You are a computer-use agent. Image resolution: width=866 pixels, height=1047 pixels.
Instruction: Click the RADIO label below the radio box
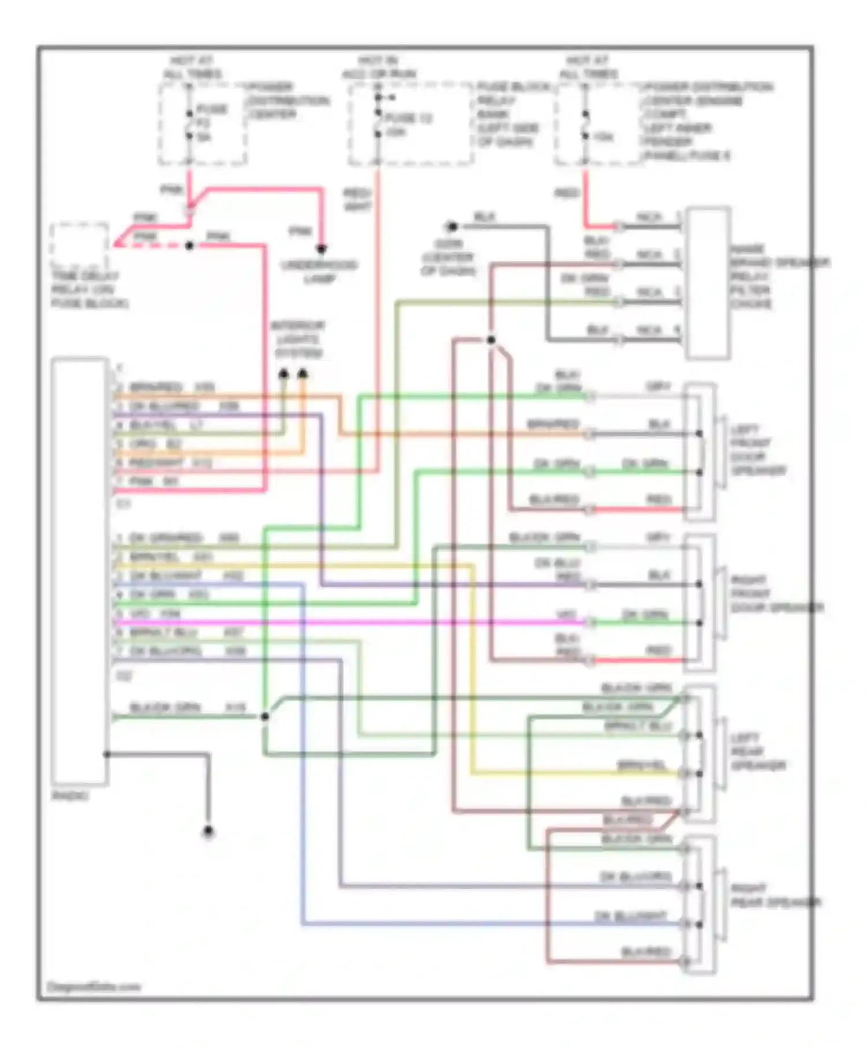tap(70, 796)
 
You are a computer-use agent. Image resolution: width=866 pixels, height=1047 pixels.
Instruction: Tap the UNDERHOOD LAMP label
tap(320, 272)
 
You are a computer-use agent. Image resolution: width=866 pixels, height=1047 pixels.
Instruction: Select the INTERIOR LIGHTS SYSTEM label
tap(298, 339)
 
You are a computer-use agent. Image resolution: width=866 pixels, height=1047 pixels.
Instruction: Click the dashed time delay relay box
tap(80, 245)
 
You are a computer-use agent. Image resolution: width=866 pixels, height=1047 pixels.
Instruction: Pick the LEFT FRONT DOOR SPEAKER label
tap(758, 450)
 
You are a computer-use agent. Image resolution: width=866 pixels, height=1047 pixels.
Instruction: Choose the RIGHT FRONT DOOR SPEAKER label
tap(777, 594)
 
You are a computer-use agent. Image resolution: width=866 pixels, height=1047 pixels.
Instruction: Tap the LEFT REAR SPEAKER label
tap(758, 751)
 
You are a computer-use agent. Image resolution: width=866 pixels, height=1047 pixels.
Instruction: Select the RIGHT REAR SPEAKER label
tap(775, 895)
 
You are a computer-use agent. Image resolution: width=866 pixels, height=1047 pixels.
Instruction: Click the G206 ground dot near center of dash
tap(451, 226)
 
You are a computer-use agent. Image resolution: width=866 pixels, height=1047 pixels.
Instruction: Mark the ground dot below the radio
tap(208, 832)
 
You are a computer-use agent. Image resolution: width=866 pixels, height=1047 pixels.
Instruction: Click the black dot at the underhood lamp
tap(321, 249)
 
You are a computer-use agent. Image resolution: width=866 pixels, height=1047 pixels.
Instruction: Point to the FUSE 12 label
tap(409, 118)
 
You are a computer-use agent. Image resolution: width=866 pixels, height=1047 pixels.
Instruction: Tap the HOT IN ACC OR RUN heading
tap(379, 67)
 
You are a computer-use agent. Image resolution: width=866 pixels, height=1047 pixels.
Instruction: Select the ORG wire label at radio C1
tap(142, 444)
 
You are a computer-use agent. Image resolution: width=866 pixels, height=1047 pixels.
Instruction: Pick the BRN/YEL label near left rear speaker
tap(641, 765)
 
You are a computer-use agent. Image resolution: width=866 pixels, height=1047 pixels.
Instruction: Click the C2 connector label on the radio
tap(124, 675)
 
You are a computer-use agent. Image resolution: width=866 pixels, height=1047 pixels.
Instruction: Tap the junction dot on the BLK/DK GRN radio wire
tap(264, 716)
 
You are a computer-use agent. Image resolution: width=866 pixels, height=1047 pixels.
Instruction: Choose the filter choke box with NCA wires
tap(708, 283)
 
